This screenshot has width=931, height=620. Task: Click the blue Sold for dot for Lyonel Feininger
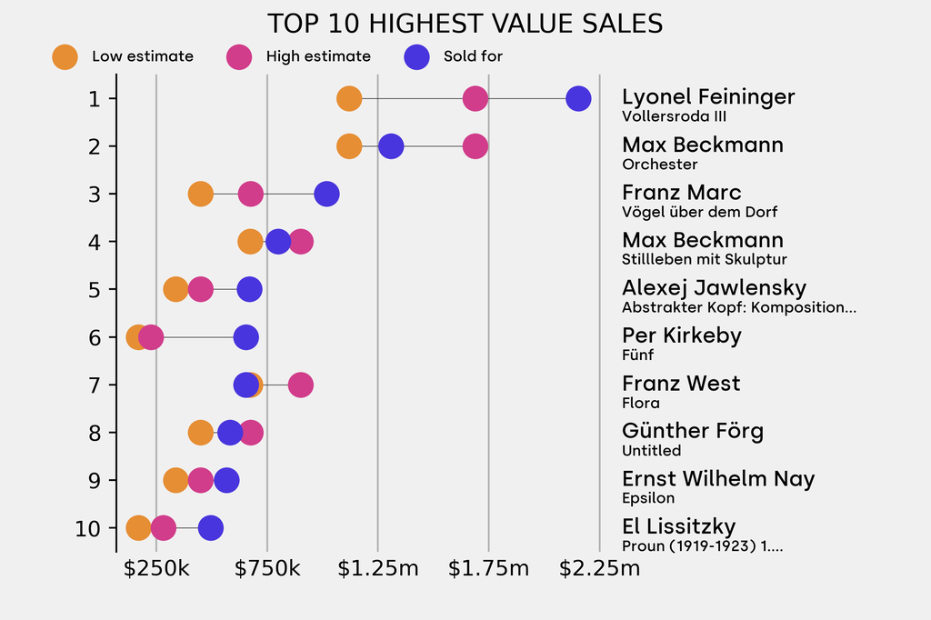point(578,98)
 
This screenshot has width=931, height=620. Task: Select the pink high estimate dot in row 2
point(475,145)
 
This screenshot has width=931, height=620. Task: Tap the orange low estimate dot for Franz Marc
point(201,194)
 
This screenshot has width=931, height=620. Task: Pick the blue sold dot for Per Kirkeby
point(245,337)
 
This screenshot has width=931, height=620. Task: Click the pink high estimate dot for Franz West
point(300,385)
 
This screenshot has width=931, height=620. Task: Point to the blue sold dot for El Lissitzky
point(210,528)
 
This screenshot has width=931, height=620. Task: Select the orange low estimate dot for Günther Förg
point(201,433)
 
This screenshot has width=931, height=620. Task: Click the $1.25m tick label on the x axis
point(378,569)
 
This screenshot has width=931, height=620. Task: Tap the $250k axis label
point(156,569)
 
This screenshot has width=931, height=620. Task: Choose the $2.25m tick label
point(599,569)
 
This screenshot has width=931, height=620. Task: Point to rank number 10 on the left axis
point(89,528)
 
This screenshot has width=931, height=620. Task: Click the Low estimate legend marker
point(65,56)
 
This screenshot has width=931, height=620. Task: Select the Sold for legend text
point(473,56)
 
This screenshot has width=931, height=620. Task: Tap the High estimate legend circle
point(239,56)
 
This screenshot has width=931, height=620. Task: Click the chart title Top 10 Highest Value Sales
point(465,24)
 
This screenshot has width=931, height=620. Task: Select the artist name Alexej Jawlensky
point(714,288)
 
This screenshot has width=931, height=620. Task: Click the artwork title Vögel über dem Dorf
point(699,212)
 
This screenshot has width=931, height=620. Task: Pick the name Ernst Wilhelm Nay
point(718,479)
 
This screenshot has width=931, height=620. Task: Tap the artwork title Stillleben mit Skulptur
point(704,259)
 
